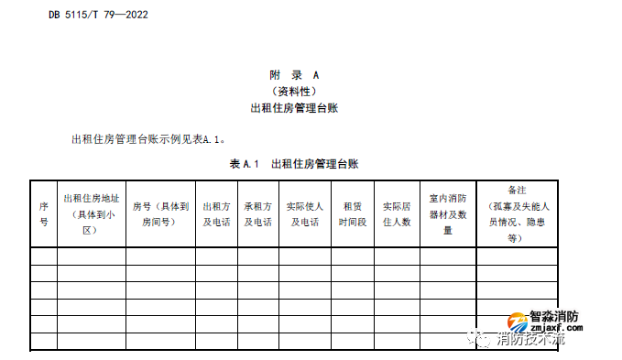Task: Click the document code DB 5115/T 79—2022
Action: tap(98, 15)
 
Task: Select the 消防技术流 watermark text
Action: tap(531, 341)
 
